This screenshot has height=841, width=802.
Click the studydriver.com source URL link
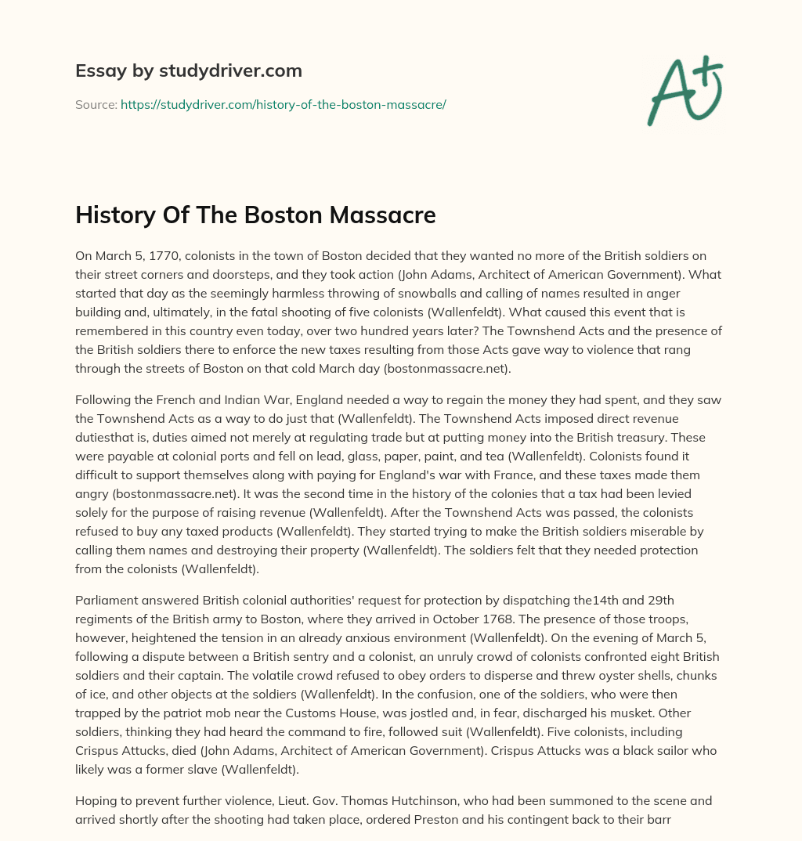(x=283, y=104)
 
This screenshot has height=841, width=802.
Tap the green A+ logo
(x=684, y=91)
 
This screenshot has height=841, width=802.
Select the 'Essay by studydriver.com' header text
(x=189, y=70)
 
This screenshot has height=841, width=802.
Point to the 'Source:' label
(x=96, y=104)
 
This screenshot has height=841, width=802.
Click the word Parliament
(x=108, y=601)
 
